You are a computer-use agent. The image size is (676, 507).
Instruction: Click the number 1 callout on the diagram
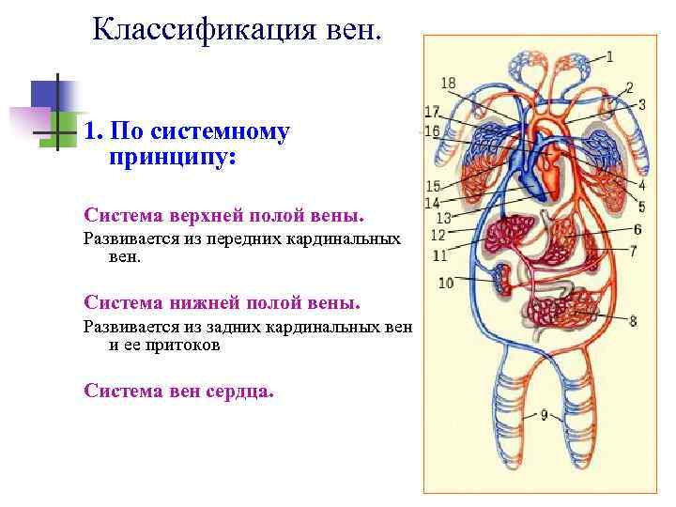tap(609, 56)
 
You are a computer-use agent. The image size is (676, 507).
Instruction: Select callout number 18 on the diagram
tap(448, 83)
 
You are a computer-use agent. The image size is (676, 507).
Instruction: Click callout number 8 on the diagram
tap(633, 321)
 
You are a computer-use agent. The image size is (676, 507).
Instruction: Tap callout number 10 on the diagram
tap(446, 282)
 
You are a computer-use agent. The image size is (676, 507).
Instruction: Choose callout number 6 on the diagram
tap(638, 228)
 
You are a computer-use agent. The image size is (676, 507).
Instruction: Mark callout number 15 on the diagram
tap(433, 186)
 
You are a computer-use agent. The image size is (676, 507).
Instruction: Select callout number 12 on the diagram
tap(438, 235)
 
